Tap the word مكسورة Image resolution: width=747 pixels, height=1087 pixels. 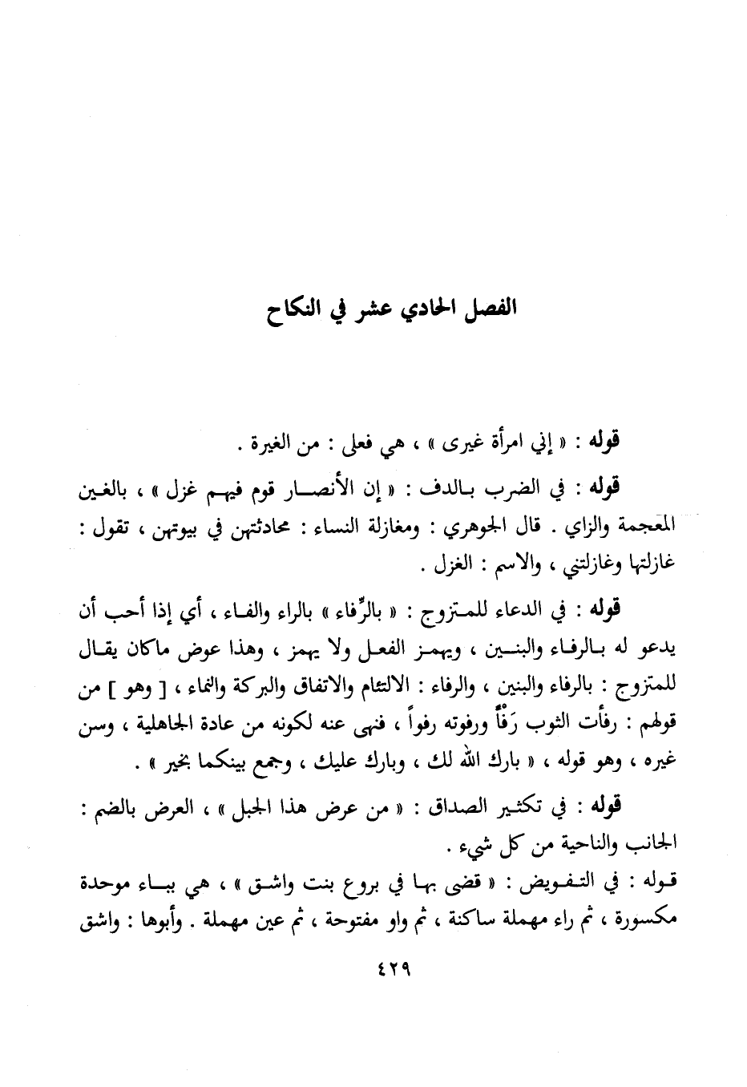coord(641,923)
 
